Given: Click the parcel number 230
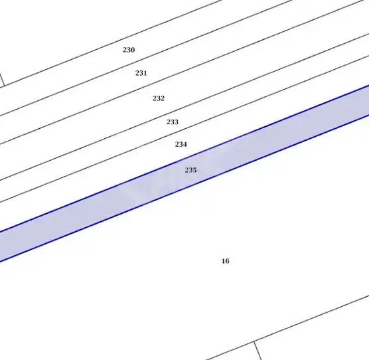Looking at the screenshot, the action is pyautogui.click(x=129, y=50).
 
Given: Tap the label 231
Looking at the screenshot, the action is pyautogui.click(x=141, y=73).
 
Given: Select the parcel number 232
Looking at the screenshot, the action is pyautogui.click(x=159, y=98).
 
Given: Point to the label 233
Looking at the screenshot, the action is pyautogui.click(x=173, y=122).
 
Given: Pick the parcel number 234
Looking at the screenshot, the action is pyautogui.click(x=181, y=144).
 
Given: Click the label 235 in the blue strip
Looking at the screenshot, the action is pyautogui.click(x=190, y=170).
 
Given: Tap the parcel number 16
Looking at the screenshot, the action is pyautogui.click(x=226, y=261).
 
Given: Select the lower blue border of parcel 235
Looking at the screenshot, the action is pyautogui.click(x=184, y=189).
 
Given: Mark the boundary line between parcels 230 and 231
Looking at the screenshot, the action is pyautogui.click(x=146, y=58).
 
